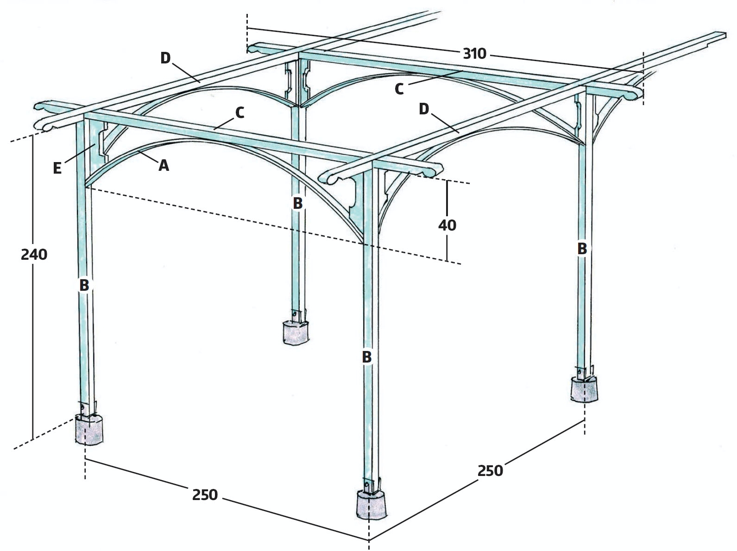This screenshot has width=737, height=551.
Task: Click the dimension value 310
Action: (474, 54)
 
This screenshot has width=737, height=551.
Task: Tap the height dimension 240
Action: (34, 254)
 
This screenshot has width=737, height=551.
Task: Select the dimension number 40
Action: (447, 225)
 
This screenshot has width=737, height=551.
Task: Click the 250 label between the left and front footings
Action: (205, 495)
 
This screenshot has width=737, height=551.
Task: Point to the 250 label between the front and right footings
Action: (490, 470)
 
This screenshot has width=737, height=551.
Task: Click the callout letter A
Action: (164, 165)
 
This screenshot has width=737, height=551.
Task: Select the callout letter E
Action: (57, 168)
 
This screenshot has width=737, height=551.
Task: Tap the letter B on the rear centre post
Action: (297, 203)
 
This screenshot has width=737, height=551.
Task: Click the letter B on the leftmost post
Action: (84, 285)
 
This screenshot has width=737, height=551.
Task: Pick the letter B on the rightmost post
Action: (582, 248)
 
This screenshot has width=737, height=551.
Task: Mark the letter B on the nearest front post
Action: (366, 357)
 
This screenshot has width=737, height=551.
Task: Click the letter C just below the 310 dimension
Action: (399, 89)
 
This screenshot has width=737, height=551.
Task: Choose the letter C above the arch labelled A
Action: (239, 113)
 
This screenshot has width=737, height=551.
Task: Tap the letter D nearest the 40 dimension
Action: (424, 109)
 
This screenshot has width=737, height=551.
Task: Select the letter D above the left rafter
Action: (165, 58)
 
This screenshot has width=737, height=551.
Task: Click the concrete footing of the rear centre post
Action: (295, 332)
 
